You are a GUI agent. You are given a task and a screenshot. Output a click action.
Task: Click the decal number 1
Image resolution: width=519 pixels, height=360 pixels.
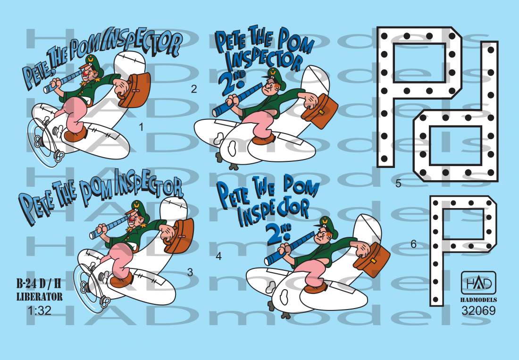click(142, 127)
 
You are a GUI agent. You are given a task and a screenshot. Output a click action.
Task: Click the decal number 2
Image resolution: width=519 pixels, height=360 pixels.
click(194, 89)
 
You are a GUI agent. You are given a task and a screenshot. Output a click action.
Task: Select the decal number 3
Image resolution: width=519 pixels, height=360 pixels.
click(190, 272)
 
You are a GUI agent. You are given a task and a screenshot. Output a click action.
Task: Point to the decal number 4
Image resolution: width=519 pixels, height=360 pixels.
click(218, 256)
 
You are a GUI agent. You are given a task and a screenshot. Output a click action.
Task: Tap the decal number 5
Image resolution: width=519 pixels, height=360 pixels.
click(399, 183)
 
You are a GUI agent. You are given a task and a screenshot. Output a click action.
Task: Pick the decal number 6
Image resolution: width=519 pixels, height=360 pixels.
click(413, 244)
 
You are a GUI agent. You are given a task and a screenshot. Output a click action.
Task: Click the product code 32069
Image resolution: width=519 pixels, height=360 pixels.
click(478, 311)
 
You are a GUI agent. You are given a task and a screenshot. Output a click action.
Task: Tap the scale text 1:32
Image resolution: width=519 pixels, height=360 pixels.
click(39, 310)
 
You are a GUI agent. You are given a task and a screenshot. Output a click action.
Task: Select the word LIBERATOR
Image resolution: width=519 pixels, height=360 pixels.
click(39, 296)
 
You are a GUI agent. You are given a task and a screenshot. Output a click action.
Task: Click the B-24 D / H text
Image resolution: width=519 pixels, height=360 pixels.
click(39, 284)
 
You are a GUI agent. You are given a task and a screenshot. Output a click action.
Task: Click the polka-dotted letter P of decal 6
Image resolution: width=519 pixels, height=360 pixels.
click(463, 251)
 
